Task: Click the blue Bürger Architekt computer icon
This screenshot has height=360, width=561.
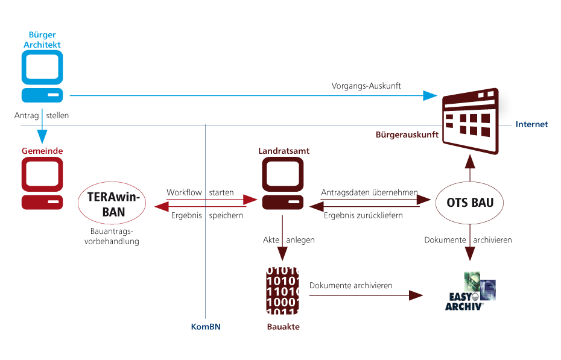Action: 42,76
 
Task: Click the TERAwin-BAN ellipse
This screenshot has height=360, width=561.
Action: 112,202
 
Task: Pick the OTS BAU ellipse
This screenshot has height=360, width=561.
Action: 470,203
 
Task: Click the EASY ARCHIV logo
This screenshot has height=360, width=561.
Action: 470,290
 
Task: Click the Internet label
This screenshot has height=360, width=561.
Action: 532,124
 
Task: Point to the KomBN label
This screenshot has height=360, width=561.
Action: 206,327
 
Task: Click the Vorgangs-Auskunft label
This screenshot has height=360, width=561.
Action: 366,86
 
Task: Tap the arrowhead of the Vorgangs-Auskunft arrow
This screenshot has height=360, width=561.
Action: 430,95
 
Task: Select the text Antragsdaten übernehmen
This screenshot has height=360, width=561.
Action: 369,192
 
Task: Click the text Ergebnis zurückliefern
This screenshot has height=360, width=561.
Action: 363,216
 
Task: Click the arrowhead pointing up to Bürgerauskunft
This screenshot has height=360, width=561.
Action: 471,159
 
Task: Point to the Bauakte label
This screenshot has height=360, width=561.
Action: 283,327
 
